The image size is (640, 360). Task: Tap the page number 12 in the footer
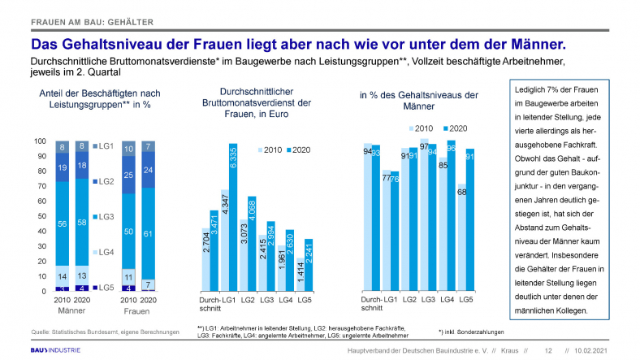tap(548, 350)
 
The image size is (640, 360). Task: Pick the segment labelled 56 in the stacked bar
tap(62, 223)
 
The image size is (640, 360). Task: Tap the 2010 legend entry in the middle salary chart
tap(271, 150)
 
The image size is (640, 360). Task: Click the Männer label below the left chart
tap(71, 310)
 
